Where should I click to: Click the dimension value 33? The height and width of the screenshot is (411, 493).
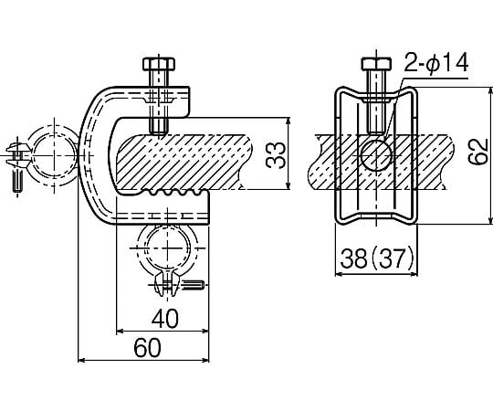point(276,155)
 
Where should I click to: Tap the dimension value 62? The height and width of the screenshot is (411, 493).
point(477,152)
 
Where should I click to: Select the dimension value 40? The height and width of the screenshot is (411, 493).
point(165,319)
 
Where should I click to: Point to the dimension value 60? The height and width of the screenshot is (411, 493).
point(147,348)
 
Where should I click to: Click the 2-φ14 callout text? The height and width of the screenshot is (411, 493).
point(436,63)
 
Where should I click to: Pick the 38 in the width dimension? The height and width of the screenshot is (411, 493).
point(354,259)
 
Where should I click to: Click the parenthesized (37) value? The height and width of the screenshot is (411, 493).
point(393,259)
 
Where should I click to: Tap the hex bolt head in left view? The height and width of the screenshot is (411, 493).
point(159,64)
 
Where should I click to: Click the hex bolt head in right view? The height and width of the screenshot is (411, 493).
point(376,64)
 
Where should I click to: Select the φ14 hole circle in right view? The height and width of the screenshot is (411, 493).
point(376,155)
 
